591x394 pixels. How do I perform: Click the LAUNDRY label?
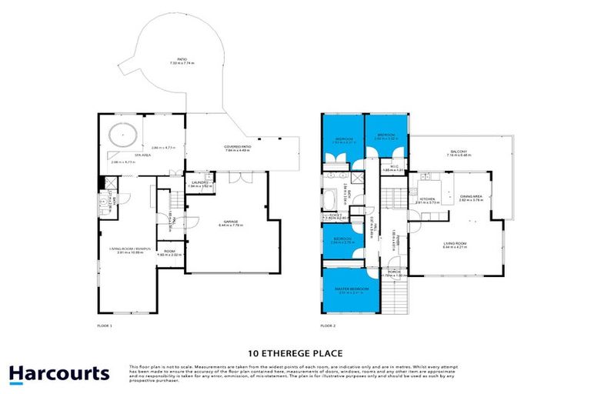tap(200, 182)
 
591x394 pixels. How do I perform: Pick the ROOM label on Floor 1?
tap(170, 250)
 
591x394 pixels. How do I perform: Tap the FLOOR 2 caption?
tap(328, 326)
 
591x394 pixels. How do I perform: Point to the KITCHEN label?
tap(427, 199)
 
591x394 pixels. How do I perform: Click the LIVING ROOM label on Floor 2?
tap(455, 245)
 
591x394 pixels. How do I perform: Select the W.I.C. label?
tap(392, 169)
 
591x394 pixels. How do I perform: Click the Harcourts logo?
tap(59, 374)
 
